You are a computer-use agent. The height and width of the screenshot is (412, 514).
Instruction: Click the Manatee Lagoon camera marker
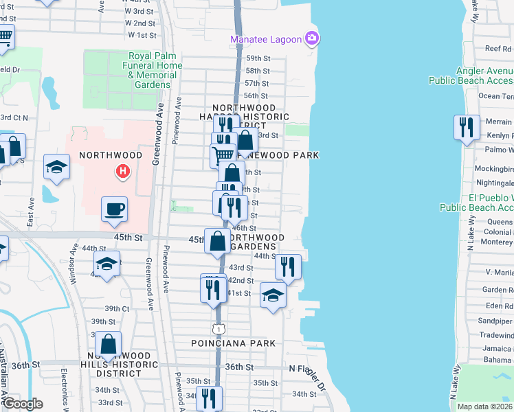[313, 38]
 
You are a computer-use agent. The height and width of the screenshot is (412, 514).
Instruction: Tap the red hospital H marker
[122, 170]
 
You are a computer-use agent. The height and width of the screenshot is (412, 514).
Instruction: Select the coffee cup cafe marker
[114, 209]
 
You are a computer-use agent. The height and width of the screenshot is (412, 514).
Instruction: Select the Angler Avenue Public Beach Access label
[471, 76]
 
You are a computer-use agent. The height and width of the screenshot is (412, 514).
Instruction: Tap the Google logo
[23, 403]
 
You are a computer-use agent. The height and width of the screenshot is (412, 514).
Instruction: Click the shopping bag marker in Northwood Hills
[109, 344]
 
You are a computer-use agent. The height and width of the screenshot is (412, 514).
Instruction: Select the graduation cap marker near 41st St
[273, 296]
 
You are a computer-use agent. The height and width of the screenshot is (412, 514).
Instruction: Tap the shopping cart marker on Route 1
[222, 155]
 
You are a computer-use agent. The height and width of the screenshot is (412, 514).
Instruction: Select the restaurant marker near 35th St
[208, 398]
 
